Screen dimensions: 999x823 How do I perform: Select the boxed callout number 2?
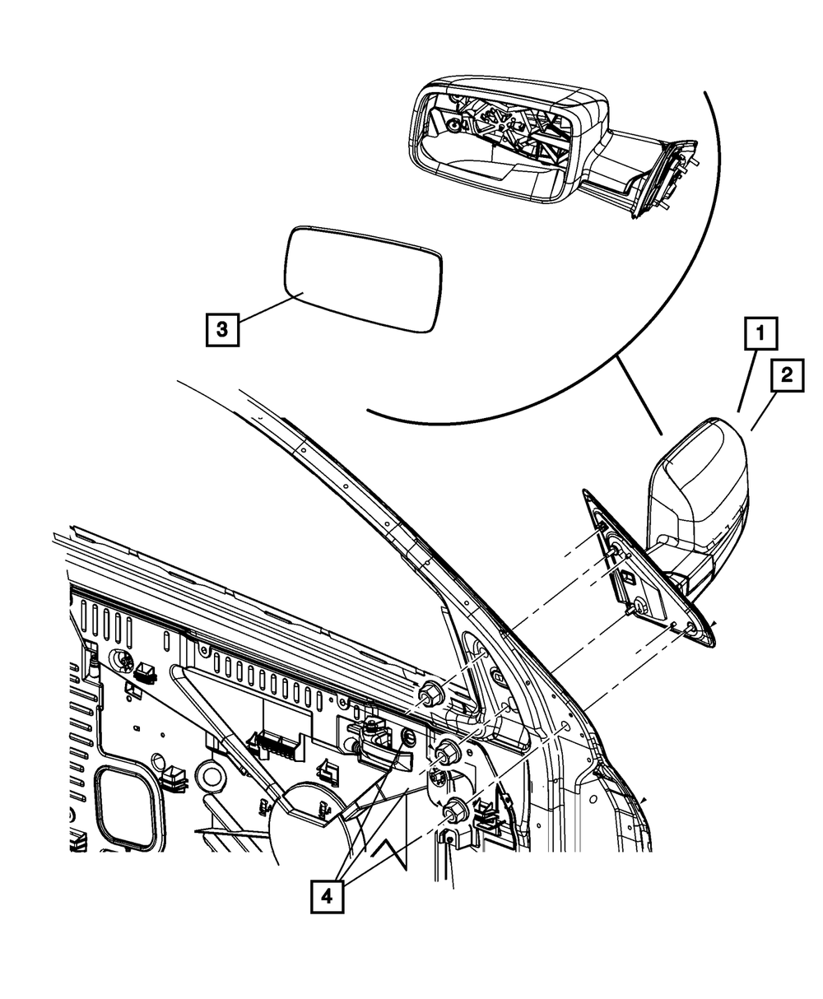pyautogui.click(x=787, y=377)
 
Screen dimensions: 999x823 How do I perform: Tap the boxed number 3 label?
pyautogui.click(x=222, y=329)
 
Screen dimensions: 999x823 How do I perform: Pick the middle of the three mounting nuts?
pyautogui.click(x=447, y=750)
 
